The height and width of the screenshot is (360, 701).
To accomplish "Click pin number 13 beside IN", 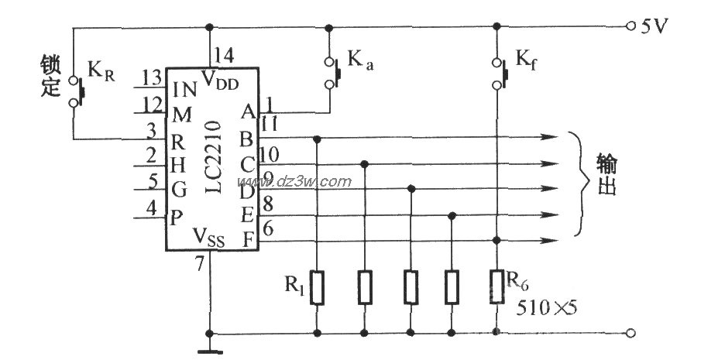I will click(152, 78).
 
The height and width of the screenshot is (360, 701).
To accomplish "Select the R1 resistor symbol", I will click(318, 288).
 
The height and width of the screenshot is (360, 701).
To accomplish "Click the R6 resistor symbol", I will click(496, 288).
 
